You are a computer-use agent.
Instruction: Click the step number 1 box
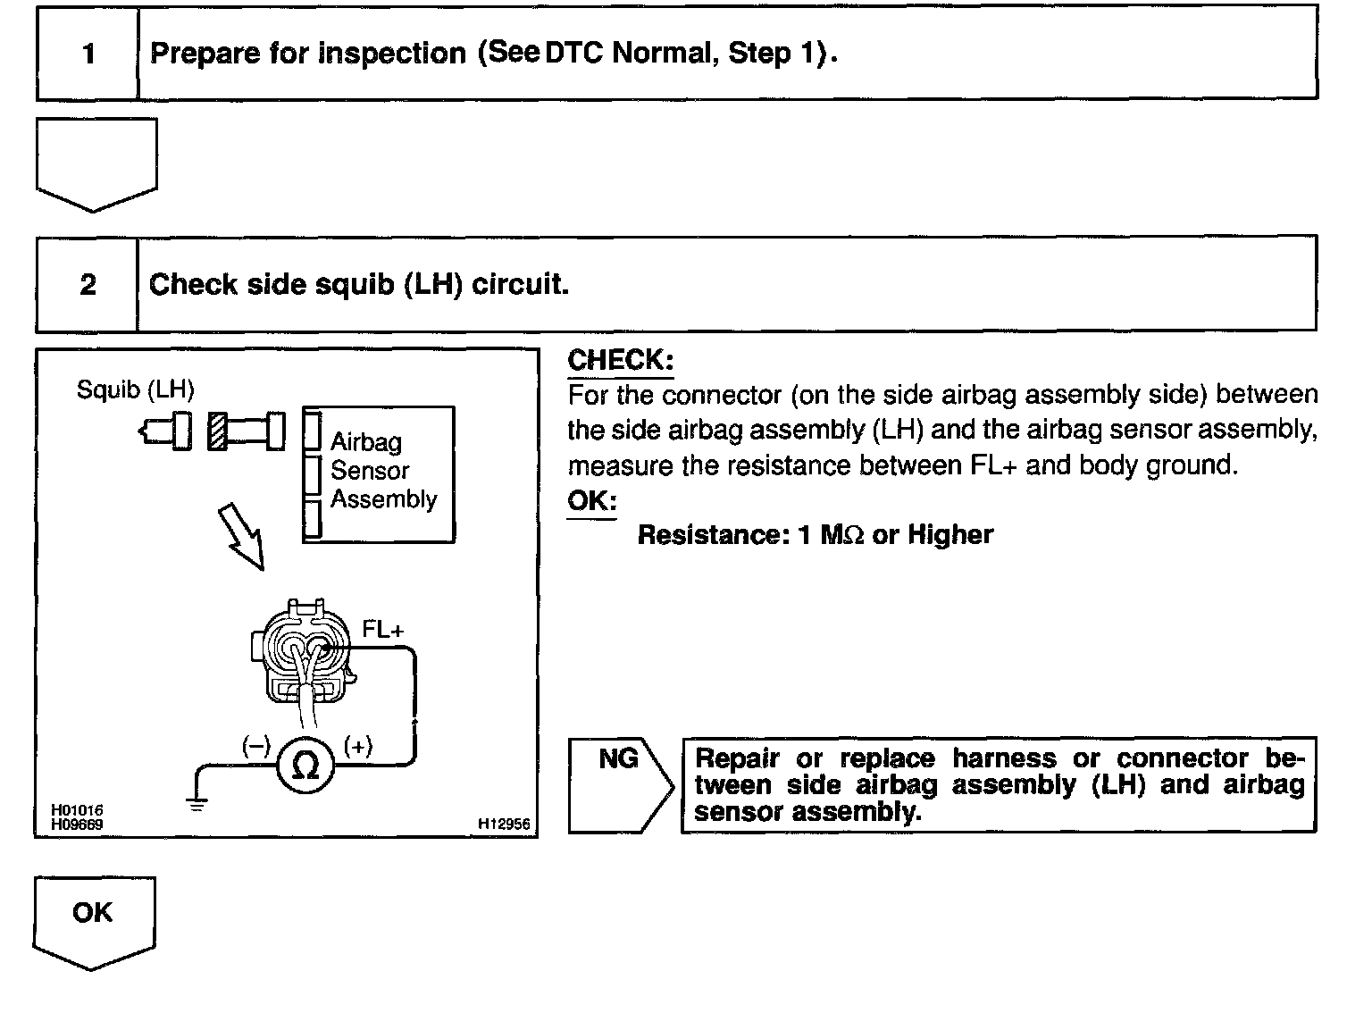tap(88, 54)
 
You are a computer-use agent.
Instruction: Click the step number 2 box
tap(88, 284)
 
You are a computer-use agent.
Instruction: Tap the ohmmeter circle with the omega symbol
tap(305, 765)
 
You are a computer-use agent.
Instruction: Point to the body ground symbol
tap(197, 803)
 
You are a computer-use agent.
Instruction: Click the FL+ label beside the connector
tap(382, 630)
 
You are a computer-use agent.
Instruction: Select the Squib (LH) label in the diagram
tap(135, 389)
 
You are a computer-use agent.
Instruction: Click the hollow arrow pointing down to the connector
tap(242, 533)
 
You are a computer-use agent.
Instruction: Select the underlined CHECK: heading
tap(620, 361)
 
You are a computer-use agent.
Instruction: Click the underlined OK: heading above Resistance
tap(591, 500)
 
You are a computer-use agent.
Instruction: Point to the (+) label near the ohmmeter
tap(357, 746)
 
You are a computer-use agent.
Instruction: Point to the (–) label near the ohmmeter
tap(255, 746)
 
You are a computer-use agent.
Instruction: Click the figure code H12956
tap(504, 825)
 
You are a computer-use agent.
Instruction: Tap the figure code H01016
tap(77, 811)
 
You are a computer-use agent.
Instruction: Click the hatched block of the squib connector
tap(216, 431)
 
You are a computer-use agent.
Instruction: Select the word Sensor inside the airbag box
tap(369, 471)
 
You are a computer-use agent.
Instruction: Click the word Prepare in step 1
tap(198, 54)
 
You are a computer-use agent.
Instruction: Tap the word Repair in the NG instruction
tap(737, 758)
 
